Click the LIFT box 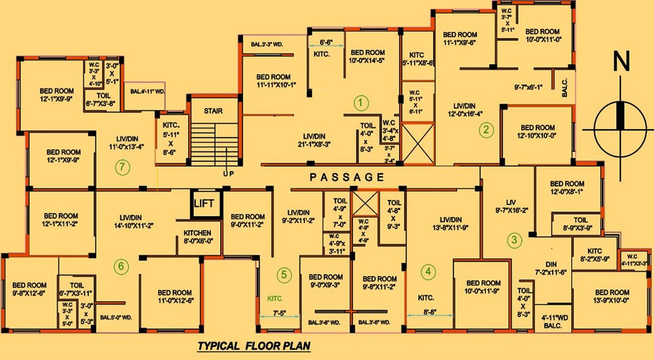pos(204,203)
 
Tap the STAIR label pos(213,111)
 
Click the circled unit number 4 pos(428,271)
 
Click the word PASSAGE pos(347,177)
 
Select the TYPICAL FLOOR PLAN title pos(254,346)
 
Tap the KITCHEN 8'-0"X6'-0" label pos(197,237)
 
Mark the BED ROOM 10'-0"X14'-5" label pos(368,57)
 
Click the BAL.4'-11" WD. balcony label pos(144,91)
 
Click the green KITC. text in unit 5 pos(275,298)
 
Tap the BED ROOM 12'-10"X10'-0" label pos(537,131)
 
